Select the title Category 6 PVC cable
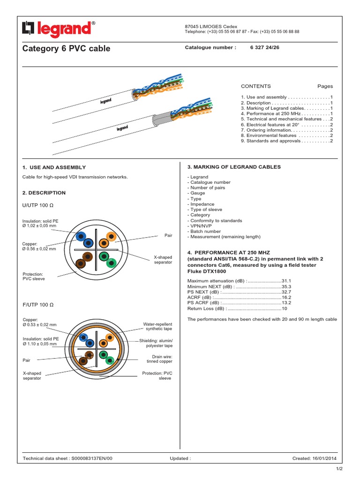[x=67, y=48]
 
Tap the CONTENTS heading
[x=255, y=86]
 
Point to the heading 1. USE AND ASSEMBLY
[x=54, y=167]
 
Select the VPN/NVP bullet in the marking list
[x=199, y=226]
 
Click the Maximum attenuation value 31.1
[x=286, y=280]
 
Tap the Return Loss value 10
[x=284, y=308]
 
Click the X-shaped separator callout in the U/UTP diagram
[x=163, y=260]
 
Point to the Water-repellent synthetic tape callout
[x=157, y=327]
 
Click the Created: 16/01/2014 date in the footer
[x=317, y=458]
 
